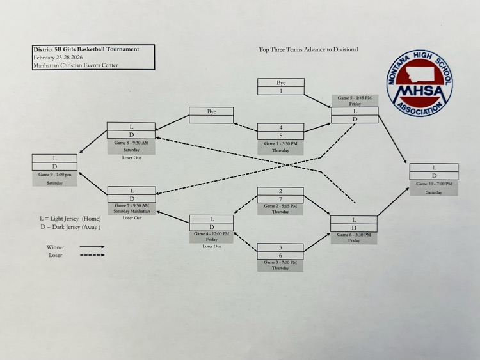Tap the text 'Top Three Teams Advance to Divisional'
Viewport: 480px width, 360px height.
coord(308,49)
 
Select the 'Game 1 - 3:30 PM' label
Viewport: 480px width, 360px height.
coord(280,144)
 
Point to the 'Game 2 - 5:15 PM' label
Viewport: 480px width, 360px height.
coord(280,206)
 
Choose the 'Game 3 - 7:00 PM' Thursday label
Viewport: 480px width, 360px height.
coord(280,262)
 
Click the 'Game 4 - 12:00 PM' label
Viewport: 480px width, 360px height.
coord(211,234)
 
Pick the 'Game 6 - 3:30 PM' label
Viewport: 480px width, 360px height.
coord(354,235)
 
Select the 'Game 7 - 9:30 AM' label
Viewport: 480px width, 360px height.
coord(132,205)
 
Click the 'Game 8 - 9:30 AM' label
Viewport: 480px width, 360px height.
coord(131,143)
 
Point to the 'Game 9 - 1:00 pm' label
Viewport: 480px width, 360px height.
coord(54,175)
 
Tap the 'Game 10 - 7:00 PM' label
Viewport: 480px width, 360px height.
coord(433,184)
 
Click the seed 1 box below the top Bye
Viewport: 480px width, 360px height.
coord(280,91)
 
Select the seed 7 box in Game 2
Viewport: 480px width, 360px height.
coord(280,199)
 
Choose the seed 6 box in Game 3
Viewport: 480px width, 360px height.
coord(280,255)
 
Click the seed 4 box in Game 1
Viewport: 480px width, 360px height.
coord(280,127)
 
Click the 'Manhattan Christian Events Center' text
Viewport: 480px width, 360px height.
coord(76,65)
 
